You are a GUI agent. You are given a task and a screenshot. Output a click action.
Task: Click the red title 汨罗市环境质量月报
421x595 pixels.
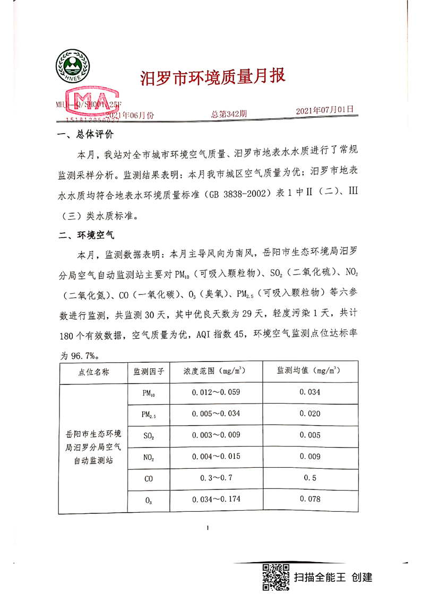click(212, 77)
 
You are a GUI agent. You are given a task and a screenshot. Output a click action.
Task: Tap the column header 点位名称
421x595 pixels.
click(93, 372)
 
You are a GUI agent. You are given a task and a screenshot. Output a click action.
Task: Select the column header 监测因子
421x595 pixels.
click(149, 372)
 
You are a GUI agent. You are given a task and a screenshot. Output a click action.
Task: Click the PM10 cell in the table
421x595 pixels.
click(149, 393)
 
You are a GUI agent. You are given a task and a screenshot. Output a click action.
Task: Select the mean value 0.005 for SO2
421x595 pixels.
click(310, 435)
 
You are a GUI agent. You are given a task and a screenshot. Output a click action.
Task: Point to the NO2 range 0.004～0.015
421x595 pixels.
click(216, 457)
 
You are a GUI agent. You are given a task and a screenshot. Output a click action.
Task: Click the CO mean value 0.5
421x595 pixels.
click(310, 478)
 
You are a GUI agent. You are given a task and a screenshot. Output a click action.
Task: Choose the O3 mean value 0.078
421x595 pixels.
click(310, 499)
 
